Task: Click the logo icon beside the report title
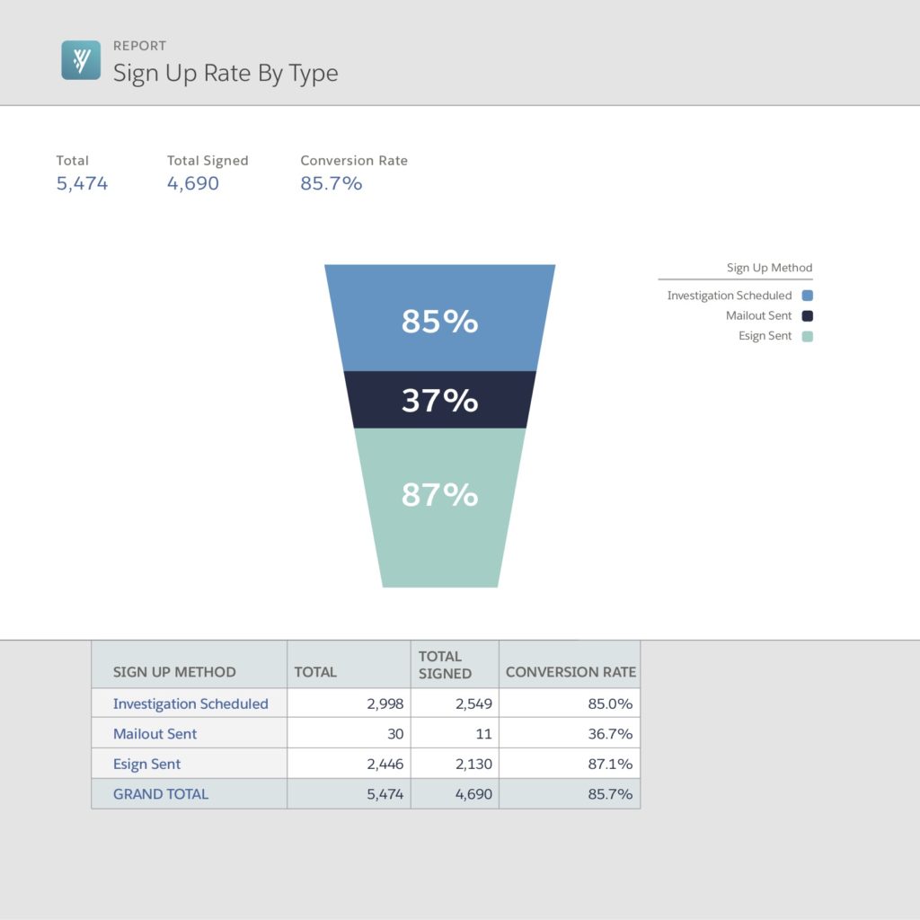pyautogui.click(x=81, y=60)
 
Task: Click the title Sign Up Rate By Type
pyautogui.click(x=226, y=73)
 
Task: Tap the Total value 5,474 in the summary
pyautogui.click(x=82, y=183)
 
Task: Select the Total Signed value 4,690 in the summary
pyautogui.click(x=192, y=183)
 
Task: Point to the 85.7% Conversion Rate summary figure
pyautogui.click(x=331, y=183)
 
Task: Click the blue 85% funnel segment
pyautogui.click(x=439, y=321)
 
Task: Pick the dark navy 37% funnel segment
pyautogui.click(x=439, y=400)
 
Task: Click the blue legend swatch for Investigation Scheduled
pyautogui.click(x=807, y=296)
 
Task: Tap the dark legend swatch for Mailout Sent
pyautogui.click(x=807, y=315)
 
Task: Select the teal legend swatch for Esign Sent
pyautogui.click(x=807, y=336)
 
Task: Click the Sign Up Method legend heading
pyautogui.click(x=769, y=268)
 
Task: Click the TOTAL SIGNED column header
pyautogui.click(x=445, y=664)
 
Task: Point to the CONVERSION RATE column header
pyautogui.click(x=571, y=672)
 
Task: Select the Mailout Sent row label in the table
pyautogui.click(x=155, y=734)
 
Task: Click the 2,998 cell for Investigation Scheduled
pyautogui.click(x=385, y=703)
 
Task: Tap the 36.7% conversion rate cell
pyautogui.click(x=610, y=734)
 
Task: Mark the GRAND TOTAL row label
pyautogui.click(x=160, y=794)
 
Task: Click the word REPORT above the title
pyautogui.click(x=139, y=46)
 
